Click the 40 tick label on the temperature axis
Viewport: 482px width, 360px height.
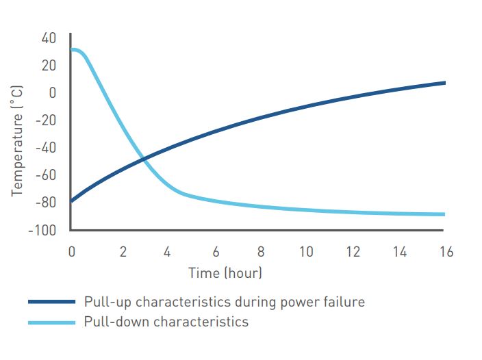[x=49, y=38]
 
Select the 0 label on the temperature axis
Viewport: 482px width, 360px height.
[x=52, y=93]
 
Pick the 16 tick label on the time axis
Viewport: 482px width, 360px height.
[x=445, y=252]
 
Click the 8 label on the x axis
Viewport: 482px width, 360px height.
[x=261, y=252]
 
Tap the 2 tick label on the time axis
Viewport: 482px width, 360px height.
[x=123, y=252]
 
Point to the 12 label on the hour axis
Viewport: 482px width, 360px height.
[x=353, y=252]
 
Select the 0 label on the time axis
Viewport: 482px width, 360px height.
[x=72, y=252]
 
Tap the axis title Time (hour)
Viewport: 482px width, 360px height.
[x=225, y=273]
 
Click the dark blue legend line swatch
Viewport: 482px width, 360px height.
[x=51, y=301]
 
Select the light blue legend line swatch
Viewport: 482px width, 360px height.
[x=51, y=321]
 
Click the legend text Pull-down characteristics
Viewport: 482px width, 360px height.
[x=166, y=321]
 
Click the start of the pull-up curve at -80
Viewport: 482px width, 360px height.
[x=72, y=201]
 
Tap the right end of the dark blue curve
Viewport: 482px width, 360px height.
[x=444, y=83]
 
